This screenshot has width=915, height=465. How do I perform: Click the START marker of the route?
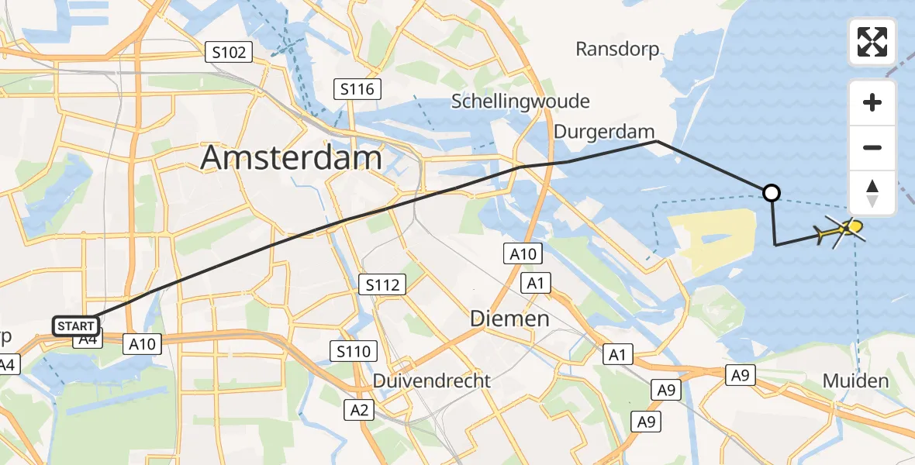(76, 326)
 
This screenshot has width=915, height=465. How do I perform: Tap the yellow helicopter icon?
(840, 230)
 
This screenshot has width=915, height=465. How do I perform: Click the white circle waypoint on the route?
(772, 192)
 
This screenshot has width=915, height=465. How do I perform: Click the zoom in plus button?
(872, 102)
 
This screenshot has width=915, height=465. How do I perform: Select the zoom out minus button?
(872, 147)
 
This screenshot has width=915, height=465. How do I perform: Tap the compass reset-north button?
(872, 193)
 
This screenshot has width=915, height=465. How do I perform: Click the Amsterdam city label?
(292, 158)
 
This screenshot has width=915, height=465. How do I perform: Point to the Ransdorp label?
(617, 50)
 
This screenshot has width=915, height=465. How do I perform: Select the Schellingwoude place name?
(520, 102)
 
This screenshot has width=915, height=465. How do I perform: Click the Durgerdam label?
(605, 133)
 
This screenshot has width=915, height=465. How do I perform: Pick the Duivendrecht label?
(432, 381)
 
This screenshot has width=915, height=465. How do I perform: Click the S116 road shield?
(357, 89)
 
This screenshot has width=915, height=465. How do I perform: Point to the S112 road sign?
(383, 285)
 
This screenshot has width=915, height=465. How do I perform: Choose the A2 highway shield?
(357, 410)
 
